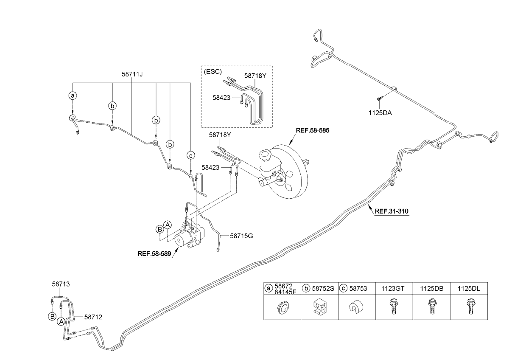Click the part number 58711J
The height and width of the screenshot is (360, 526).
[x=132, y=74]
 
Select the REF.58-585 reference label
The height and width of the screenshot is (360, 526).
[x=312, y=130]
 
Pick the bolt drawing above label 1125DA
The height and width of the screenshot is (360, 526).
[x=379, y=99]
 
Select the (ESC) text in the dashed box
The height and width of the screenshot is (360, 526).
[x=213, y=71]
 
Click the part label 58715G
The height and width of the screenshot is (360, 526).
[x=241, y=235]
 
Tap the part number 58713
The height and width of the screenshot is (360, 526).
[x=60, y=284]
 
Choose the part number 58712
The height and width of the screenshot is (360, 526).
[x=93, y=316]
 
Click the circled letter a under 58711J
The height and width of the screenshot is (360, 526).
[x=73, y=96]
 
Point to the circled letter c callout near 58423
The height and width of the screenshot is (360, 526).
[x=191, y=156]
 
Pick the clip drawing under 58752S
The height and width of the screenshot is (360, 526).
[x=319, y=306]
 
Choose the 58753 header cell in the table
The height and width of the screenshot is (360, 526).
[x=356, y=288]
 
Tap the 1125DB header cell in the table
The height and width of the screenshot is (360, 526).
[x=432, y=288]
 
